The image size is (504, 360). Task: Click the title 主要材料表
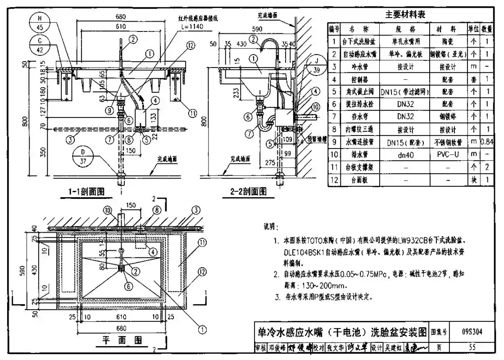[405, 14]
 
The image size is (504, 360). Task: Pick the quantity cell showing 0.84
[487, 142]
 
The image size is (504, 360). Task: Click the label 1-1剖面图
[86, 191]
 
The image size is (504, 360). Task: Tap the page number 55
[472, 347]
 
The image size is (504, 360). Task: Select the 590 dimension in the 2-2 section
[256, 28]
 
